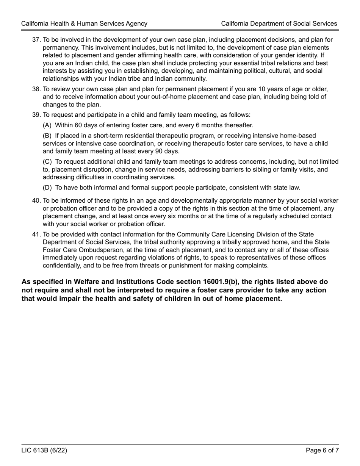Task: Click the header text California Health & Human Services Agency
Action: point(84,23)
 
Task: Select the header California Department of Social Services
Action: point(279,23)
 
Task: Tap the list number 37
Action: point(36,40)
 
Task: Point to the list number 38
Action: point(36,89)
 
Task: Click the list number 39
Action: point(36,115)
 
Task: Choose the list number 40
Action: point(36,201)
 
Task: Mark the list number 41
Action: point(36,235)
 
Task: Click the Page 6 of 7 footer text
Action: point(322,450)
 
